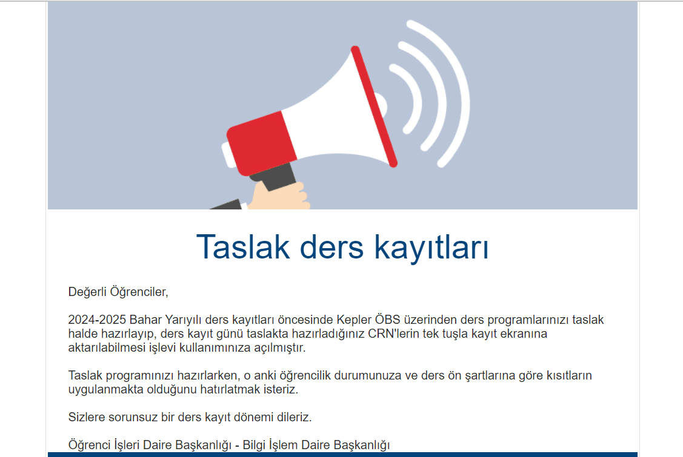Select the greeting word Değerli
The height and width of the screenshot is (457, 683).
pos(87,292)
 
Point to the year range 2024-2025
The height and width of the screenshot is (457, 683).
pos(97,320)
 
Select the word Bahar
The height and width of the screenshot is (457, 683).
pos(145,320)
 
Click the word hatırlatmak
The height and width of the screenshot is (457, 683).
pos(232,390)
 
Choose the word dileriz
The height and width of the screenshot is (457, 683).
pos(292,418)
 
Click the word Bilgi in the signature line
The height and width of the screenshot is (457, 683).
pos(257,445)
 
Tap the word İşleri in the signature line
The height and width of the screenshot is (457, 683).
pos(125,445)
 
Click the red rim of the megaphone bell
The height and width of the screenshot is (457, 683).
pos(374,106)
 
